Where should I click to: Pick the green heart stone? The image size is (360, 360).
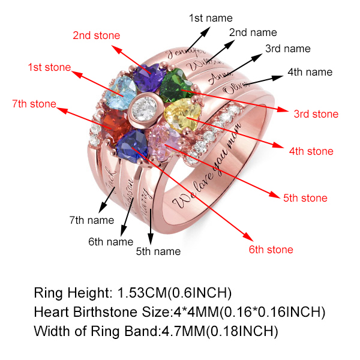(176, 86)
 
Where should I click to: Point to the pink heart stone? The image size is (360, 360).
(164, 141)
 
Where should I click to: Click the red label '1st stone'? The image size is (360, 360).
(49, 68)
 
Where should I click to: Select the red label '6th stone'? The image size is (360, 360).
(271, 250)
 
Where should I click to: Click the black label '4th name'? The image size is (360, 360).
(309, 72)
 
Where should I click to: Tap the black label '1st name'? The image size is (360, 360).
(211, 18)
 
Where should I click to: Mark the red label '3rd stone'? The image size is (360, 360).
(316, 114)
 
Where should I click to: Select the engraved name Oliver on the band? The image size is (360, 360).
(235, 88)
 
